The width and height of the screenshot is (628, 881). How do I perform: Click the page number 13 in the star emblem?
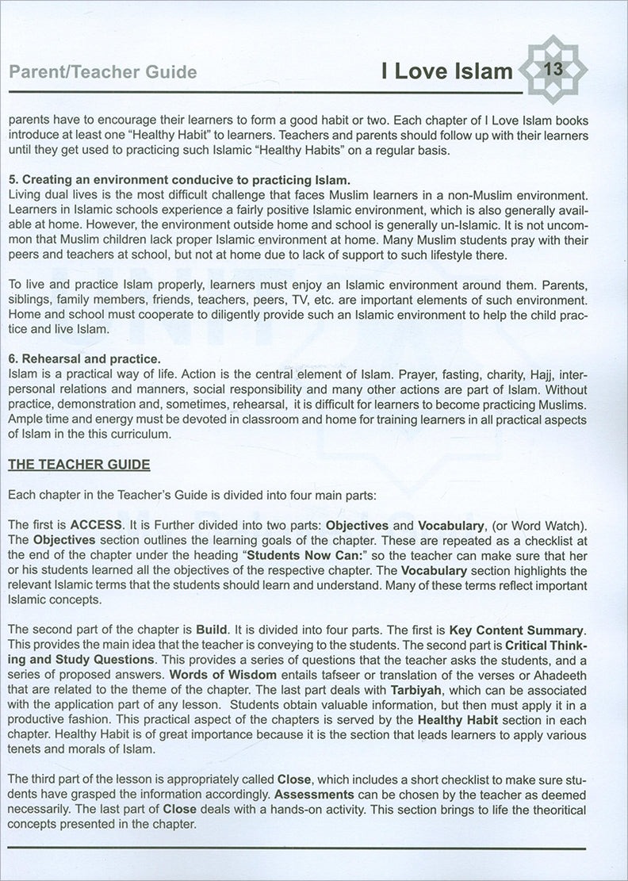coord(553,70)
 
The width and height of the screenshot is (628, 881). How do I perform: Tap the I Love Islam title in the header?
coord(446,72)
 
